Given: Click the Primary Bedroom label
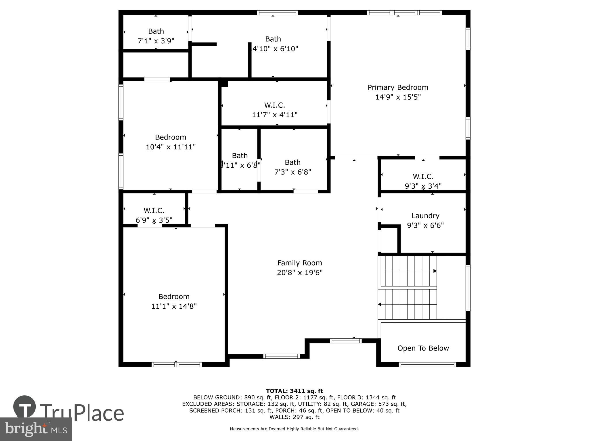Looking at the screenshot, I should (398, 87).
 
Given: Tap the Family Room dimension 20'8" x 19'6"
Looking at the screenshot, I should (300, 272).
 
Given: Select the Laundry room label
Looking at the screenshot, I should (425, 216).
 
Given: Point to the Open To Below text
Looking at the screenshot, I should (423, 348).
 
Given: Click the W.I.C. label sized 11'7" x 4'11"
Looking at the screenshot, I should (275, 105).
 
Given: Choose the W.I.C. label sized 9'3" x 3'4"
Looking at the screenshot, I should (423, 176).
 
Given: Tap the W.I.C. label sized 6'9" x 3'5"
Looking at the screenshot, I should (154, 210).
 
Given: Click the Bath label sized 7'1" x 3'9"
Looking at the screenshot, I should (156, 31).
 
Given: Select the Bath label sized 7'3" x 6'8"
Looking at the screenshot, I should (292, 162).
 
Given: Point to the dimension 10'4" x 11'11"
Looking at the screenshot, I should (171, 147).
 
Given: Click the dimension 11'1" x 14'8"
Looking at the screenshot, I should (174, 306).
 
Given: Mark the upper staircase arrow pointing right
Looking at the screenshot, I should (435, 271).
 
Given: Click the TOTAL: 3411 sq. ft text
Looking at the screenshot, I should (294, 391).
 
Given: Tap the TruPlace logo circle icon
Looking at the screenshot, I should (24, 407).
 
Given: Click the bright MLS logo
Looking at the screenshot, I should (36, 429).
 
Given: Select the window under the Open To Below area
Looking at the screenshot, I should (427, 365).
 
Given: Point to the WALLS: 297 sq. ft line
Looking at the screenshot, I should (294, 417).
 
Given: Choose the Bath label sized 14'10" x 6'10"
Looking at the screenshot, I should (273, 39).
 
